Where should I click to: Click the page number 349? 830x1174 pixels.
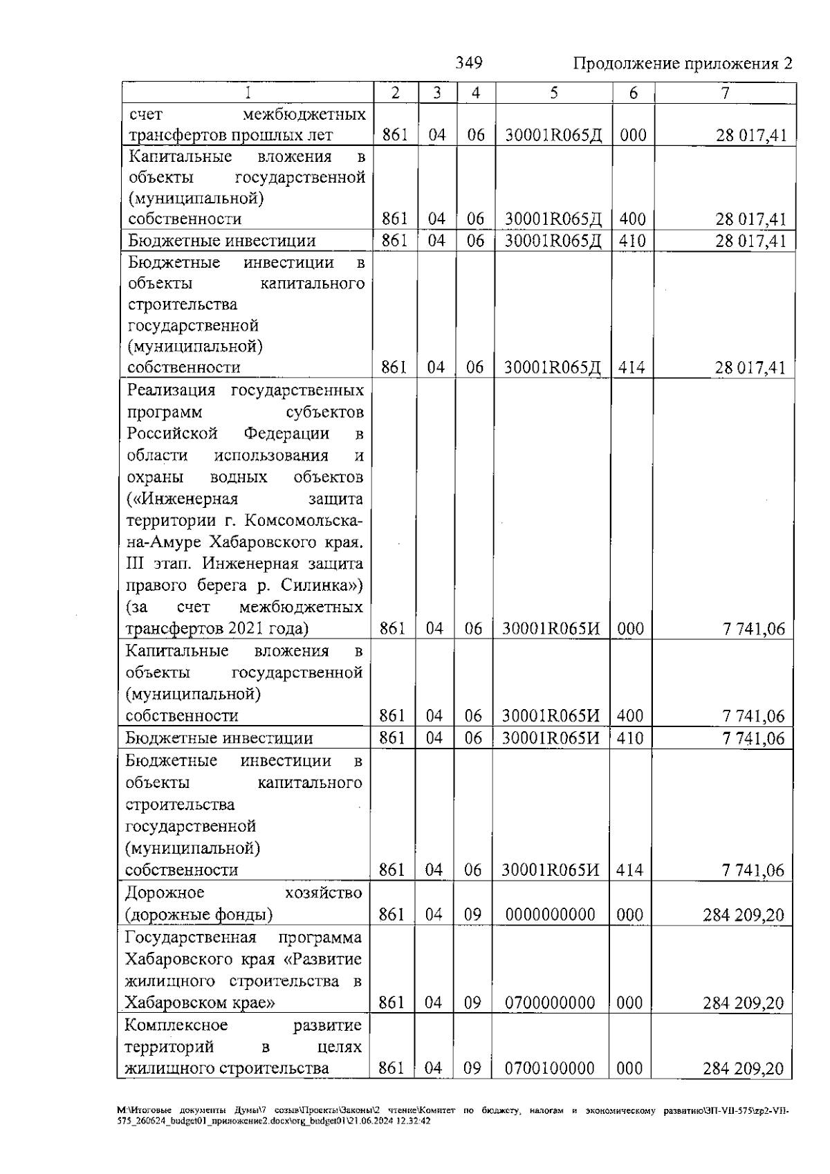click(x=469, y=63)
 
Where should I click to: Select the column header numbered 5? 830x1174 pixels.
click(x=553, y=93)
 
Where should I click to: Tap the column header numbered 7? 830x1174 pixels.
click(x=725, y=93)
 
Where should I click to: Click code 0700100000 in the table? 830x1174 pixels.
click(x=549, y=1088)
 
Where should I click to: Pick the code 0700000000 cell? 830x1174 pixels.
click(x=550, y=1002)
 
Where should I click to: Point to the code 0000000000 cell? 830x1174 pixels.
click(x=550, y=915)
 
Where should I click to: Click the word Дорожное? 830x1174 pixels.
click(x=165, y=892)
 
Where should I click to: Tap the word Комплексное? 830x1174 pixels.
click(x=176, y=1025)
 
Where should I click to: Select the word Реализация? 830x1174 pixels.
click(x=172, y=390)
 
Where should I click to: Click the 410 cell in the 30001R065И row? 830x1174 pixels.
click(x=629, y=738)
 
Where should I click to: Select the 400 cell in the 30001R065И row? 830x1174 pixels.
click(x=630, y=716)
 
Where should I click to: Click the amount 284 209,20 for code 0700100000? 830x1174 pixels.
click(x=743, y=1088)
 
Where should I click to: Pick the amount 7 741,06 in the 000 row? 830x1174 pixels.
click(x=754, y=629)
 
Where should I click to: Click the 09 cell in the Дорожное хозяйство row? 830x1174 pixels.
click(x=472, y=915)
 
